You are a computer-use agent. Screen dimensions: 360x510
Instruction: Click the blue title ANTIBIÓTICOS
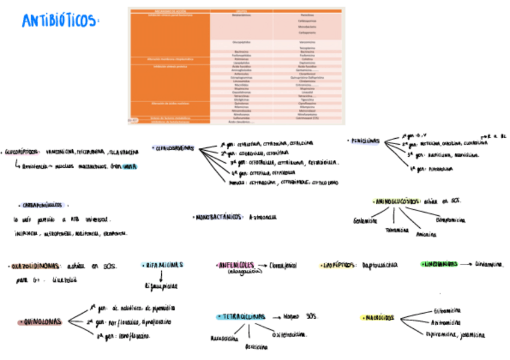pyautogui.click(x=59, y=21)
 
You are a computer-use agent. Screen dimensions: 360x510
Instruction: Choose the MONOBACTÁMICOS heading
pyautogui.click(x=218, y=217)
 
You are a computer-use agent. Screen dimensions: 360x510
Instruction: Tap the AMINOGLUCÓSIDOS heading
pyautogui.click(x=396, y=201)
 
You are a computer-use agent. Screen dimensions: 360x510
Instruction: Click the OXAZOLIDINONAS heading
pyautogui.click(x=35, y=266)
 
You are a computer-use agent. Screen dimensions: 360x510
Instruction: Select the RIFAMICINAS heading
pyautogui.click(x=162, y=264)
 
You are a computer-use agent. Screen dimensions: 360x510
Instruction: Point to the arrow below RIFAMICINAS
pyautogui.click(x=161, y=276)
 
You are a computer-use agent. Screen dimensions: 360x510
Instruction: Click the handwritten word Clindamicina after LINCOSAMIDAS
pyautogui.click(x=489, y=264)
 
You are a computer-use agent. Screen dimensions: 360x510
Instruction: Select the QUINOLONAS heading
pyautogui.click(x=41, y=322)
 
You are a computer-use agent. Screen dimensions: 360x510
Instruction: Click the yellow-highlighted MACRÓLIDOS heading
pyautogui.click(x=378, y=318)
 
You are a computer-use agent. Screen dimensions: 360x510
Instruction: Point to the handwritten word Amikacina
pyautogui.click(x=425, y=234)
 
